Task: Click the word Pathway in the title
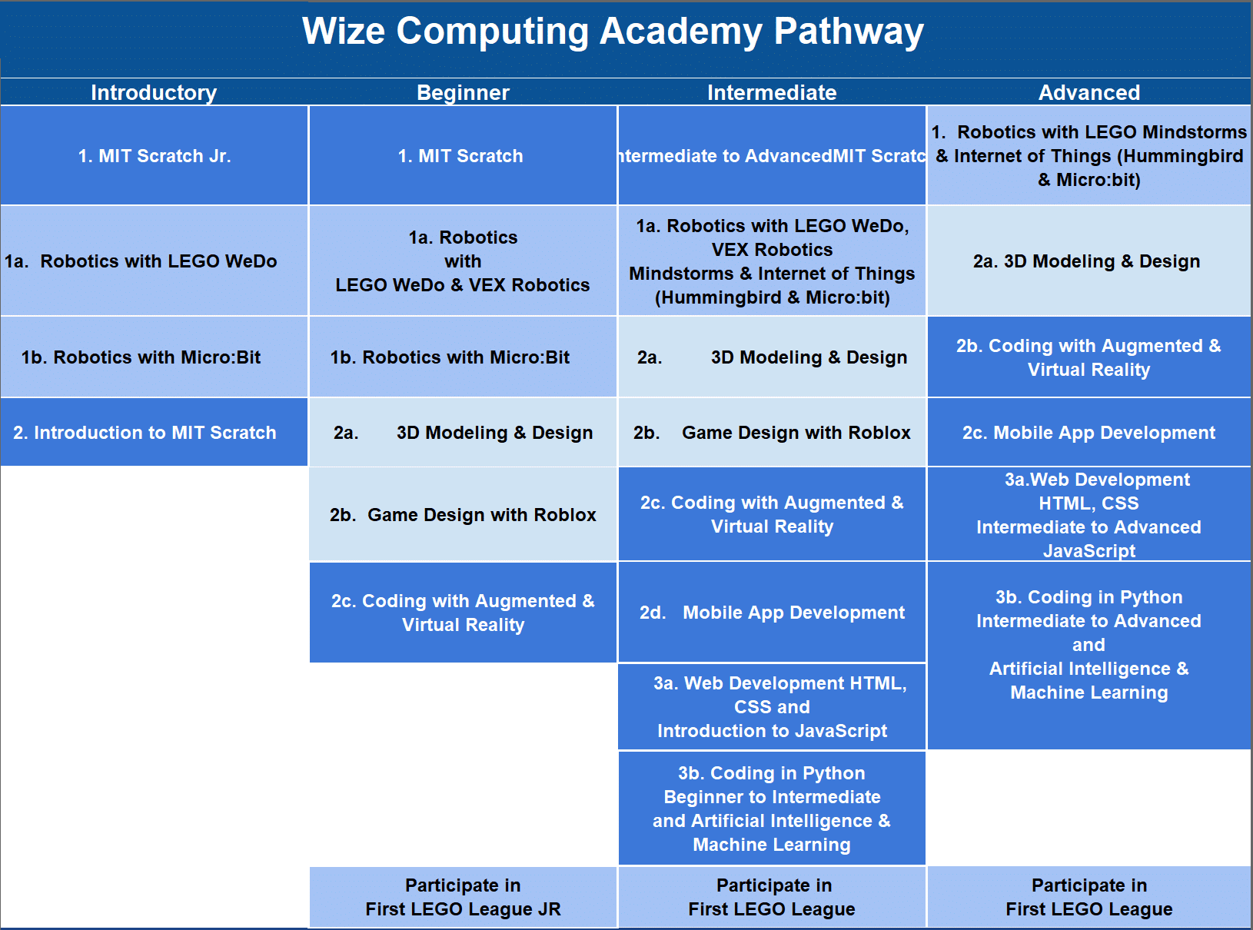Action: click(848, 32)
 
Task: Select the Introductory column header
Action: click(154, 93)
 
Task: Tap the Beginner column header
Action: click(463, 93)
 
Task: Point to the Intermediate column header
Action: click(772, 93)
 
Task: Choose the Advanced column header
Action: click(1089, 93)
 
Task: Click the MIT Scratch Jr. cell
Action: click(154, 156)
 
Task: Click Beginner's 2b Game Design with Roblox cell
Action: click(463, 515)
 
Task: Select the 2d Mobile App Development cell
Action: click(772, 613)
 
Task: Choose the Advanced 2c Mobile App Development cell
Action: click(1088, 433)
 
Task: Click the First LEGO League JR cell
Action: click(463, 898)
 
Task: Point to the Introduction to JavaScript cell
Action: click(772, 707)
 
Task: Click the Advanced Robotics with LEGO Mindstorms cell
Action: click(1089, 156)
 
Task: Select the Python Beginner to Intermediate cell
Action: click(772, 809)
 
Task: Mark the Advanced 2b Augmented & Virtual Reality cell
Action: click(1088, 357)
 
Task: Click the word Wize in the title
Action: click(343, 32)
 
